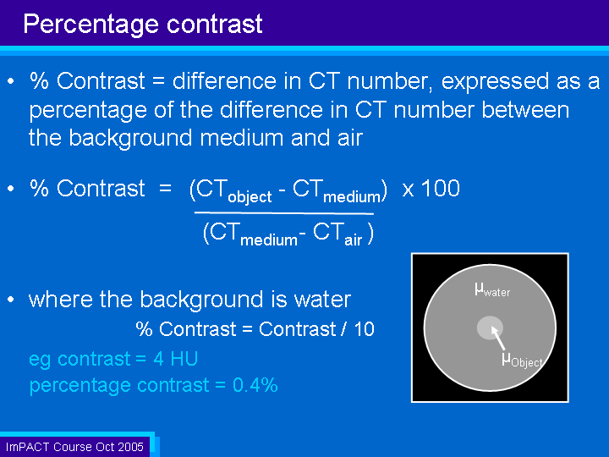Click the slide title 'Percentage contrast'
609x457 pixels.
[x=143, y=25]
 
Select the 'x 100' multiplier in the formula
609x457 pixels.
[x=431, y=189]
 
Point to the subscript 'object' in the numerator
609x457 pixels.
[x=250, y=197]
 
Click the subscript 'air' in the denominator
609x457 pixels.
[x=353, y=240]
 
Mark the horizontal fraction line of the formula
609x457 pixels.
[x=284, y=213]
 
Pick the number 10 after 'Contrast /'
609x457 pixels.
[x=365, y=329]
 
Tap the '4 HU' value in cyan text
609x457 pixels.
[x=176, y=359]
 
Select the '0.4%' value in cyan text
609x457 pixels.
[x=255, y=385]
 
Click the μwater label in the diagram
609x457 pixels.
[x=492, y=290]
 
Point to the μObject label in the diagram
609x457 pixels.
[x=522, y=360]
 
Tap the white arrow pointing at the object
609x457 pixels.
[x=498, y=338]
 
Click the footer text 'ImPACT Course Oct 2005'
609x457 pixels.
[x=74, y=447]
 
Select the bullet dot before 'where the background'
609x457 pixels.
[x=11, y=300]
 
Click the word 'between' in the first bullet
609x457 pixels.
[x=525, y=110]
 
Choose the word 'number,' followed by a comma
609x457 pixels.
[x=390, y=82]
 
